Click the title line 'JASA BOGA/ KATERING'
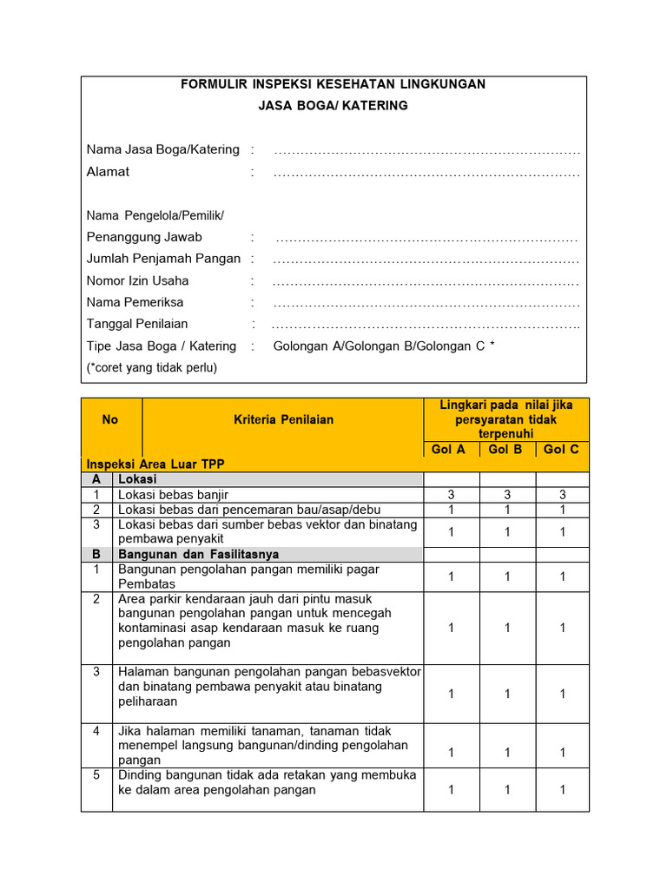click(333, 106)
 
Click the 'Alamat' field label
click(108, 172)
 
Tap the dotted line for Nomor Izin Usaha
click(426, 282)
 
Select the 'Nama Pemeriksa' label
click(135, 303)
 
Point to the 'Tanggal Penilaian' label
click(137, 325)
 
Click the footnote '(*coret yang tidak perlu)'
click(152, 367)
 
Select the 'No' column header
click(110, 420)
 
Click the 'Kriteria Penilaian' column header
click(283, 420)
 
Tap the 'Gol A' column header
click(449, 450)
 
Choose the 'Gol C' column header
click(561, 450)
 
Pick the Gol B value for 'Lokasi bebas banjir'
click(506, 495)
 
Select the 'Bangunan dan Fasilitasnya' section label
click(198, 554)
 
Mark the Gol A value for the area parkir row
click(450, 628)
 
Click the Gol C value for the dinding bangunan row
click(563, 790)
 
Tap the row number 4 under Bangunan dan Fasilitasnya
click(96, 732)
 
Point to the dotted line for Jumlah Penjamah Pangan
click(426, 260)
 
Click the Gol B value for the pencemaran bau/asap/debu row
click(506, 510)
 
